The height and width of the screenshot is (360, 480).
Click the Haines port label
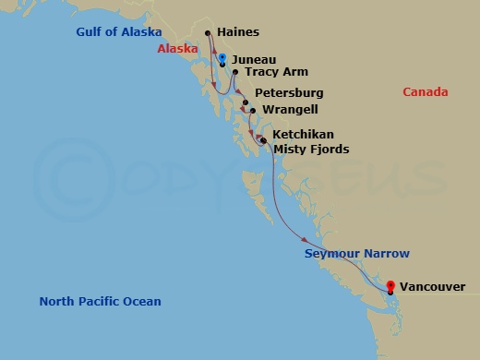238,32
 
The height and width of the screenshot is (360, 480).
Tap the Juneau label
254,58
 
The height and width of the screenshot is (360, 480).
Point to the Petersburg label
289,94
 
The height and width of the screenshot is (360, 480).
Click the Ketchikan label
304,135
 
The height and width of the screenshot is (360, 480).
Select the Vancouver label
433,287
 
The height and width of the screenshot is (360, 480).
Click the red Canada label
426,92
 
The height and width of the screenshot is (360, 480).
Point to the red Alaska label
177,48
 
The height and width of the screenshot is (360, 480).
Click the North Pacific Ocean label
100,302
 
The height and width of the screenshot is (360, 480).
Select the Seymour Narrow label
357,253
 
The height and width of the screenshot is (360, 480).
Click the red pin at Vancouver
390,287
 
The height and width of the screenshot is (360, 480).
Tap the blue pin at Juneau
222,59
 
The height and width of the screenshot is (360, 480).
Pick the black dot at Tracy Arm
235,72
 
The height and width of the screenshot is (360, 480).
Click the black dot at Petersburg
246,102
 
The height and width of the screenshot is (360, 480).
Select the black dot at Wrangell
252,111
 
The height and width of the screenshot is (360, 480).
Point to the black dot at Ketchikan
262,140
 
